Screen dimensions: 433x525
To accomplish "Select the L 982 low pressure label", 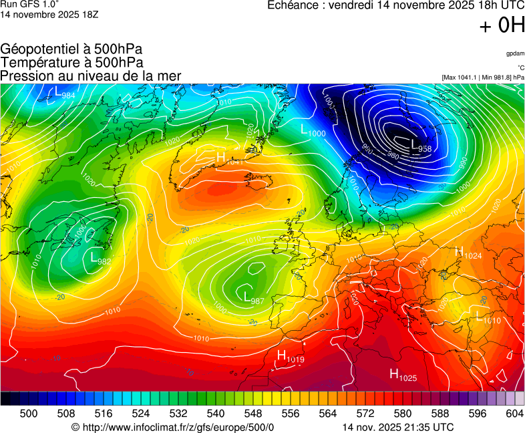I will pos(100,259).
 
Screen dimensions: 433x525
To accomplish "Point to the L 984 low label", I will pos(65,94).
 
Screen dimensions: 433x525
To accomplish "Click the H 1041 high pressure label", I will pos(228,158).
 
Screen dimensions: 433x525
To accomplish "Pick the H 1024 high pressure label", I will pos(468,253).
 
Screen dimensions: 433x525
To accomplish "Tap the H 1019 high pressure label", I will pos(291,357).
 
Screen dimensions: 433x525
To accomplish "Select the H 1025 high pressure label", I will pos(403,376).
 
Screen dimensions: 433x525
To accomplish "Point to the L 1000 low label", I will pos(313,131).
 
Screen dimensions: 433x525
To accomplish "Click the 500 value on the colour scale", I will pos(29,414).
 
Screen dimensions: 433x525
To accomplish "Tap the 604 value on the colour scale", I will pos(515,414).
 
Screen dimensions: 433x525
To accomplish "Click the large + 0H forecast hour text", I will pos(502,26).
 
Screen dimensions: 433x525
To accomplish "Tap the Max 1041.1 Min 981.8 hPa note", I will pos(483,78).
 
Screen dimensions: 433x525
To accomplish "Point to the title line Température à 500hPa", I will pos(71,62).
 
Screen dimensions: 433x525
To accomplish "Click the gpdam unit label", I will pos(515,53).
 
